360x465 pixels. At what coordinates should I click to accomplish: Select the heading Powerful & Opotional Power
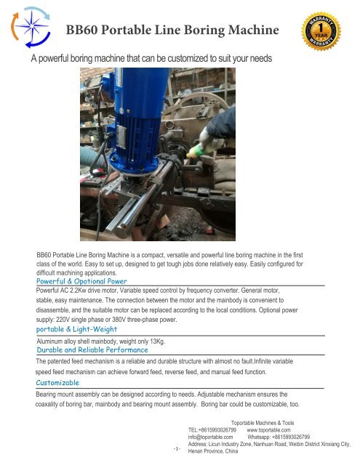coord(81,280)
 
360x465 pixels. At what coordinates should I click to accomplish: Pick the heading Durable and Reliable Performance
coord(92,349)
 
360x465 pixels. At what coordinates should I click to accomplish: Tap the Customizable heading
coord(59,381)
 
